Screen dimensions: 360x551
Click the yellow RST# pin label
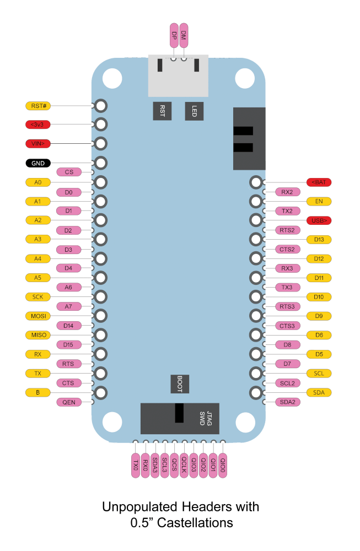pos(39,106)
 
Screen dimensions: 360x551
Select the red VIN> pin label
pos(38,144)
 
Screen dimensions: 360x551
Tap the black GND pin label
pos(38,163)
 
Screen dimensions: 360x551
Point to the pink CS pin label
pos(69,172)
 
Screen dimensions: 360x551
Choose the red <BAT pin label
pos(319,182)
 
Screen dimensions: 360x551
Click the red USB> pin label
pos(319,221)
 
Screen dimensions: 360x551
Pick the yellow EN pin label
pos(319,201)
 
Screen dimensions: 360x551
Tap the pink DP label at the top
pos(174,35)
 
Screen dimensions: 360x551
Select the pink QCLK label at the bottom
pos(184,465)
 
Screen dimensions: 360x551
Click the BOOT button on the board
pos(180,384)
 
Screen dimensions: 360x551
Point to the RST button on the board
pos(162,111)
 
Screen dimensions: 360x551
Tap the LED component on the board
pos(194,111)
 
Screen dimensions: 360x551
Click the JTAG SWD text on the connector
pos(206,418)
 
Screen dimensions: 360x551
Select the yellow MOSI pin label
pos(38,316)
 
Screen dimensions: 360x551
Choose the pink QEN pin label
pos(69,402)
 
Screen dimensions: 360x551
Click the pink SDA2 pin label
pos(288,402)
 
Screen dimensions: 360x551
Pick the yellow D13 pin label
pos(319,240)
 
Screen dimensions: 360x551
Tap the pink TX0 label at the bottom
pos(136,465)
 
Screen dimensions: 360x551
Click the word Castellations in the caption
pos(195,523)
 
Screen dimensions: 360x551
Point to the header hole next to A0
pos(101,182)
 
